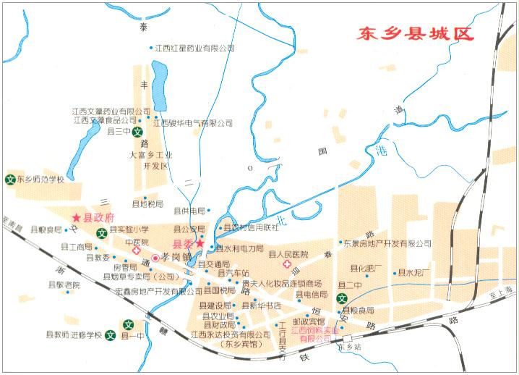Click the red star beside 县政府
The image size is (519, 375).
point(77,217)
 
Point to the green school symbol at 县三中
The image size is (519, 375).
point(135,133)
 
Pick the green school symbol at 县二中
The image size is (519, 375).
point(343,297)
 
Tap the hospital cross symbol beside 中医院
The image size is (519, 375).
point(136,250)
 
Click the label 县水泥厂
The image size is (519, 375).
point(415,273)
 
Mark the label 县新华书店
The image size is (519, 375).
point(265,305)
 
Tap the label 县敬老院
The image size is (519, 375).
point(59,285)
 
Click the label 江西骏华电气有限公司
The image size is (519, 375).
point(196,123)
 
